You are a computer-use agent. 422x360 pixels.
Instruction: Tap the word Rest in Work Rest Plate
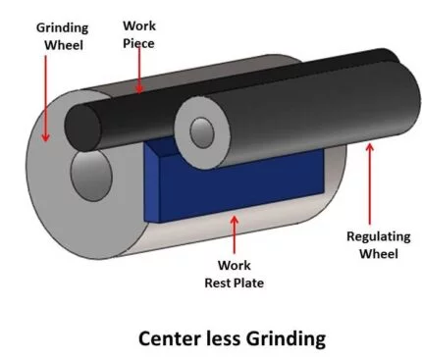click(x=220, y=284)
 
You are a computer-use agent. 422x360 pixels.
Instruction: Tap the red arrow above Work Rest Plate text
click(x=233, y=236)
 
